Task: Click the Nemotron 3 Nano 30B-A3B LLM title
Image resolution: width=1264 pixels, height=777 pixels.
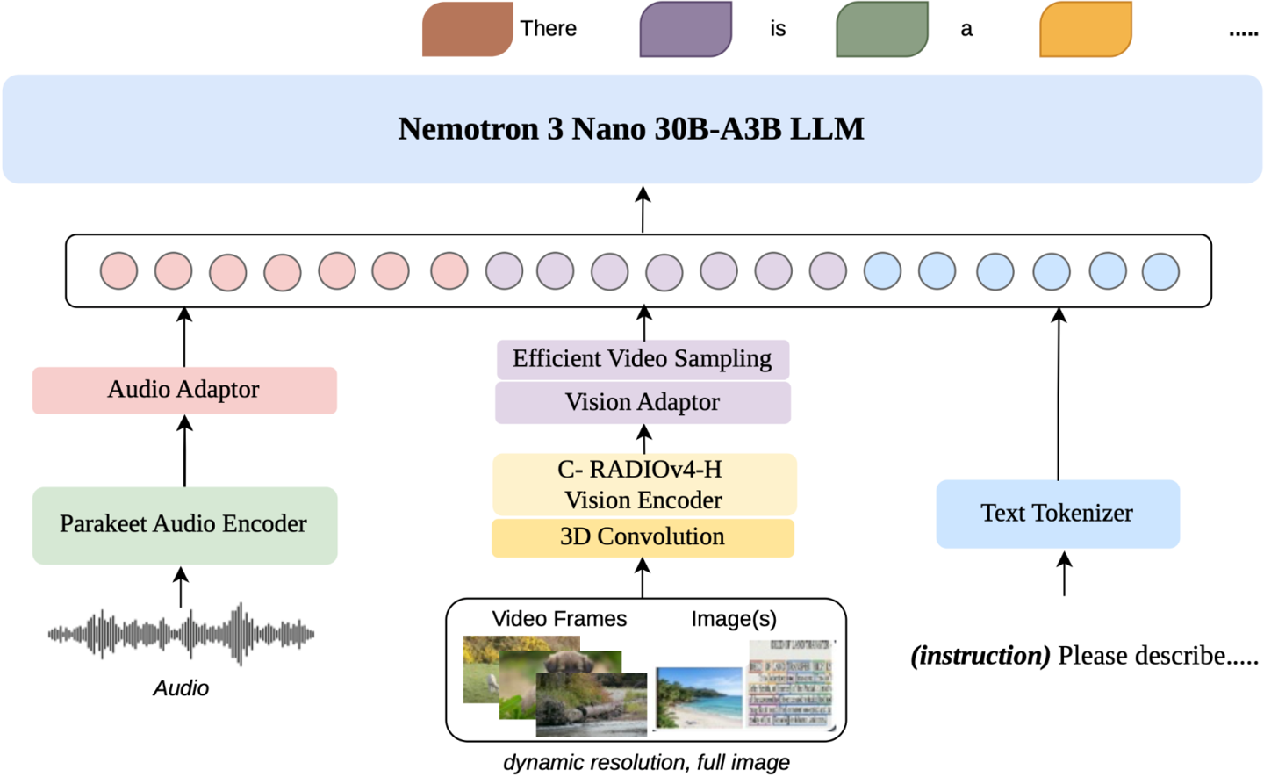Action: point(631,129)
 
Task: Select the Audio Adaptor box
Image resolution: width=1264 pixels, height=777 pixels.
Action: point(184,390)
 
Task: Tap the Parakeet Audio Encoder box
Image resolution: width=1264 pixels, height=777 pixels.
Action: point(184,525)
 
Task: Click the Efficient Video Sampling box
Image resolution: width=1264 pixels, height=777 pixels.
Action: point(643,359)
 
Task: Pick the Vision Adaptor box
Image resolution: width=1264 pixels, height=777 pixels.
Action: point(643,402)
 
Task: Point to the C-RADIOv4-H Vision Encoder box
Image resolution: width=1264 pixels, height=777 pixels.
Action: point(643,485)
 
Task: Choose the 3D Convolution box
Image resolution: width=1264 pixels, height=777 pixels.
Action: point(643,537)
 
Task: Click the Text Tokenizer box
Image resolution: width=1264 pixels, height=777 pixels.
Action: point(1058,514)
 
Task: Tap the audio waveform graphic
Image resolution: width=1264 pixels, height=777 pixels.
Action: point(181,633)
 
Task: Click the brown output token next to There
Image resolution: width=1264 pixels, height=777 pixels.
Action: point(467,30)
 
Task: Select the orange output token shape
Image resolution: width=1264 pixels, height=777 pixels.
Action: point(1086,30)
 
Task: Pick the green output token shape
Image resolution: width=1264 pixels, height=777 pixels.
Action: point(881,30)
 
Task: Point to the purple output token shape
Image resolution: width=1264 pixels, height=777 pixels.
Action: point(686,30)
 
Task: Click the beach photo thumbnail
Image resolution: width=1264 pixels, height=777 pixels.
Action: point(699,697)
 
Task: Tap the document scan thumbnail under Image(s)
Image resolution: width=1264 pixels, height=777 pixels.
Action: point(790,684)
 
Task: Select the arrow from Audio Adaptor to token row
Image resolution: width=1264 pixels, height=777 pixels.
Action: point(184,337)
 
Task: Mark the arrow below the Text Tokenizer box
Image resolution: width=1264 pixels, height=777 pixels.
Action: point(1064,574)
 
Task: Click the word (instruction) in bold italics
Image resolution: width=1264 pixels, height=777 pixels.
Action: point(980,656)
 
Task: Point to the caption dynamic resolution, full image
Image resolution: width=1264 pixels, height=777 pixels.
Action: point(646,762)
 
